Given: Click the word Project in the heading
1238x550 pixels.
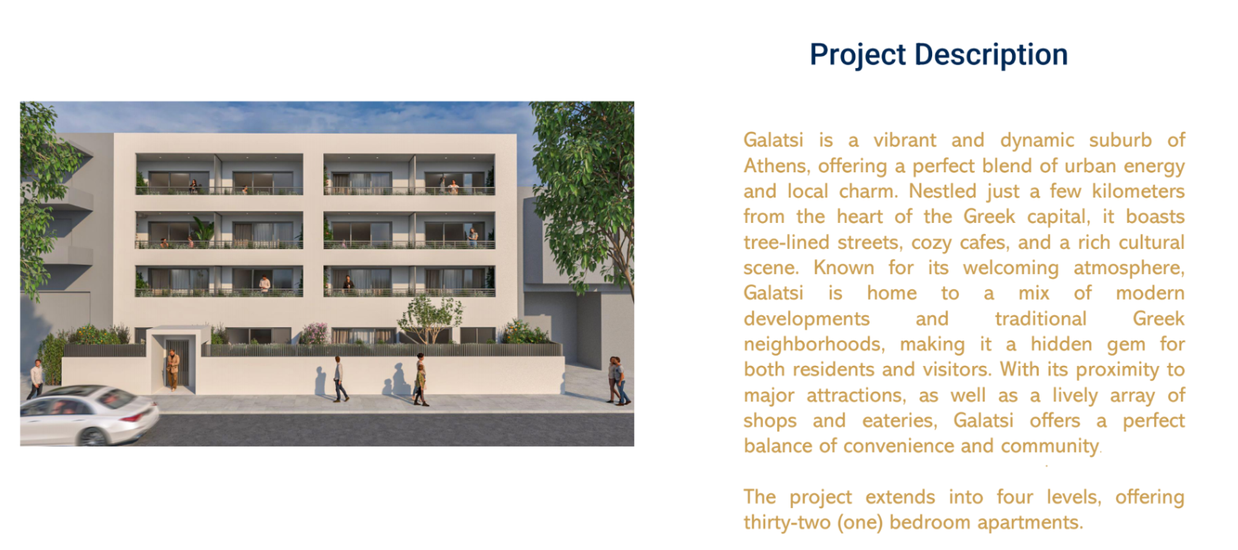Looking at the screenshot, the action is point(858,55).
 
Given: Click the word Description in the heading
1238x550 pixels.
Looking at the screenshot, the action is point(991,55).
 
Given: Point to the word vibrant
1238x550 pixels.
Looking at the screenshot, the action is point(904,140).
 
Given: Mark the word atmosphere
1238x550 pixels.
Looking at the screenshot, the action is point(1129,268).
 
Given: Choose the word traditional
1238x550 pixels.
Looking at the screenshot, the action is point(1040,318).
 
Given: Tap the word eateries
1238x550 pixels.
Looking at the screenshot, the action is point(900,420).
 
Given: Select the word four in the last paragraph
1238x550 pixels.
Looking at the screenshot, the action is point(1015,497).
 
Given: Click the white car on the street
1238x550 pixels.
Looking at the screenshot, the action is point(89,415).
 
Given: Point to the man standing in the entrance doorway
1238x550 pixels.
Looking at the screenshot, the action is point(174,369).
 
